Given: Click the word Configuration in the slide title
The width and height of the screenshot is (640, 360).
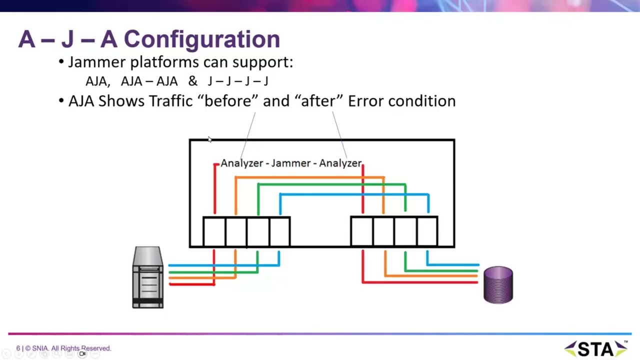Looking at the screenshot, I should [201, 39].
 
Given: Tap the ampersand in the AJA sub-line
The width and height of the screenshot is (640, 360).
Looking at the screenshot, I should [192, 81].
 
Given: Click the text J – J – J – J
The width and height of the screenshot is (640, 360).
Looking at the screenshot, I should [238, 81].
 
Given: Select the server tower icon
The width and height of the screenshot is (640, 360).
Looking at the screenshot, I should [148, 277].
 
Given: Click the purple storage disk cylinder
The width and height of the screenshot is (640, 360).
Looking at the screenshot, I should [498, 285].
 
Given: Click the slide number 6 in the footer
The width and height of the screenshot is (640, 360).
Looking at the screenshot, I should [18, 348].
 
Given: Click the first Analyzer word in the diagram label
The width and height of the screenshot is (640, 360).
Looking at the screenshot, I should [241, 163].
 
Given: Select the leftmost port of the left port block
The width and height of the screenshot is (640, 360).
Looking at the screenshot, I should [214, 231].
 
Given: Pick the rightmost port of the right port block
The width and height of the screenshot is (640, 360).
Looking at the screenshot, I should [427, 231].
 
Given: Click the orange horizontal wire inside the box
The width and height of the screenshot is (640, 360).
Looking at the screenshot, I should [310, 177].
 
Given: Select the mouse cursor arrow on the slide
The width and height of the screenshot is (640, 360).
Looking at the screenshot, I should [209, 140].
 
